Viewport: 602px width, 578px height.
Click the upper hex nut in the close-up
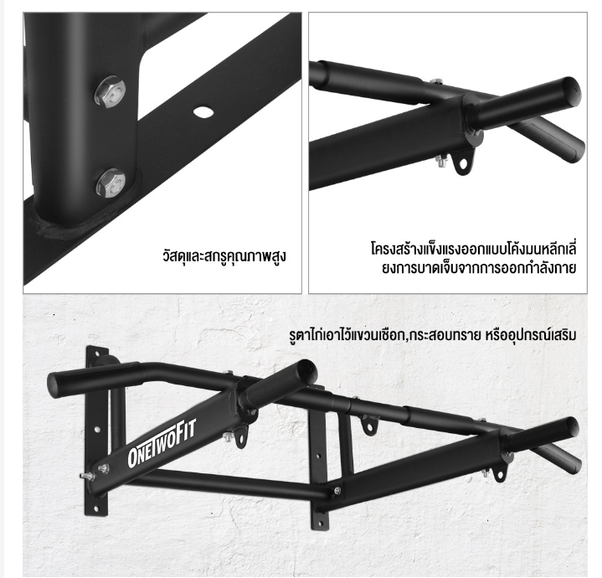[x=111, y=92]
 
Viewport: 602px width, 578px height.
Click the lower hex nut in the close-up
[x=111, y=183]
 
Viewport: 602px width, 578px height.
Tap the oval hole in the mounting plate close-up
[x=203, y=111]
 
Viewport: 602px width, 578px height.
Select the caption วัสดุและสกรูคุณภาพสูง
[x=224, y=255]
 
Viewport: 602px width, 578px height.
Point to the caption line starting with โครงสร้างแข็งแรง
[x=474, y=249]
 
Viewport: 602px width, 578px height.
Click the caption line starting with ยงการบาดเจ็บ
[x=479, y=268]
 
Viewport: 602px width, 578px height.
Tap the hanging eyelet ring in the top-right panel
[x=462, y=163]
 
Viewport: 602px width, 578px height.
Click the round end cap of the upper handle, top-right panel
[x=570, y=92]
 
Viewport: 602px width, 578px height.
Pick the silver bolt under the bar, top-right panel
[x=443, y=161]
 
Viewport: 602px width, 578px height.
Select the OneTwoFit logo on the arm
[x=162, y=443]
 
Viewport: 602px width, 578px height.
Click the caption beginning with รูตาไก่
[x=433, y=335]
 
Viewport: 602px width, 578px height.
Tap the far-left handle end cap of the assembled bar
[x=56, y=384]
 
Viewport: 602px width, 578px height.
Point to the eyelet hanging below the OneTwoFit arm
[x=241, y=439]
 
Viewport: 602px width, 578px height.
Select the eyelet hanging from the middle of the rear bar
[x=369, y=426]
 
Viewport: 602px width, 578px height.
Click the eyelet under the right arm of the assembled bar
[x=500, y=473]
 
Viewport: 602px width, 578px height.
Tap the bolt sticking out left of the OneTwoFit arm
[x=87, y=477]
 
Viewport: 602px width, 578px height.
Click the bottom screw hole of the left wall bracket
[x=96, y=508]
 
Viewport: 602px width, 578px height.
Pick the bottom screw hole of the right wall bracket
[x=319, y=523]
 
